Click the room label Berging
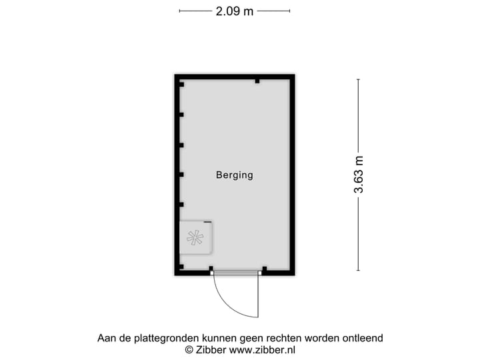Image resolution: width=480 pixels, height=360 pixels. pyautogui.click(x=235, y=175)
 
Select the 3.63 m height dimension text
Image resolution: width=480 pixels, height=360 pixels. pyautogui.click(x=359, y=175)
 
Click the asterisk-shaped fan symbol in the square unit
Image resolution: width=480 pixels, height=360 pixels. pyautogui.click(x=195, y=238)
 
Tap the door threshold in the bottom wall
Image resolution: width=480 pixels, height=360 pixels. pyautogui.click(x=237, y=273)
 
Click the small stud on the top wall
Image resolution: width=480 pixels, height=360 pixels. pyautogui.click(x=257, y=81)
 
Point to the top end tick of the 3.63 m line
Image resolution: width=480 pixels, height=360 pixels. pyautogui.click(x=359, y=79)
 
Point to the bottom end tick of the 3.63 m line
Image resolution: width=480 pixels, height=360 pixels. pyautogui.click(x=359, y=270)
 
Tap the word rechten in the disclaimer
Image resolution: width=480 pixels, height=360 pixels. pyautogui.click(x=282, y=338)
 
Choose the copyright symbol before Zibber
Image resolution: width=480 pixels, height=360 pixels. pyautogui.click(x=189, y=350)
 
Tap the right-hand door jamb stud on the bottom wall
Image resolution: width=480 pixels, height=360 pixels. pyautogui.click(x=265, y=269)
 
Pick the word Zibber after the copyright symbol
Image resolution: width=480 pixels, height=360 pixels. pyautogui.click(x=211, y=350)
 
